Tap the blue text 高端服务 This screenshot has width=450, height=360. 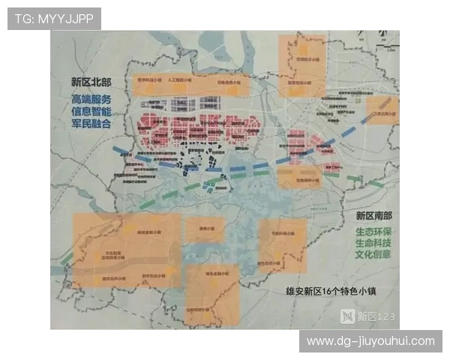[x=91, y=99]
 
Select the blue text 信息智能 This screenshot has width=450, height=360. [x=91, y=112]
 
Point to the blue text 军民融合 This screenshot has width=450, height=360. [x=91, y=124]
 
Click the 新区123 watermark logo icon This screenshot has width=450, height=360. [x=348, y=316]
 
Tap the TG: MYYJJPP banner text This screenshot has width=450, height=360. [x=54, y=19]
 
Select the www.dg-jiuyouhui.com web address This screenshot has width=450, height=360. [x=370, y=341]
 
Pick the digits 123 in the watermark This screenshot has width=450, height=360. [x=383, y=316]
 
